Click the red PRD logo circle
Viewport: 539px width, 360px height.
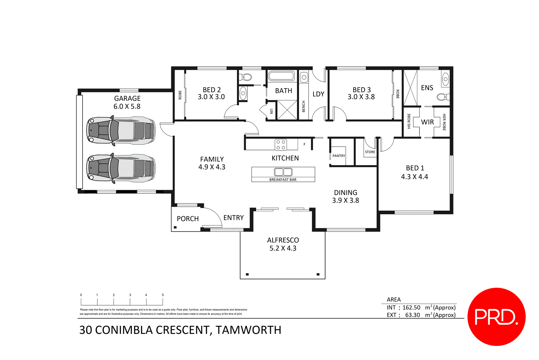496,316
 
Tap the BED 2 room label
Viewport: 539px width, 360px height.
212,90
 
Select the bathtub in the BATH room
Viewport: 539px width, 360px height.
281,76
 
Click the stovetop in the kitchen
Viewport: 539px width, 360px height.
281,145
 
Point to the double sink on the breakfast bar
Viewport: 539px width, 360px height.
283,172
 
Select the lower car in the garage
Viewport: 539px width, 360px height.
121,168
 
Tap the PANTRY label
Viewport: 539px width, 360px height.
339,156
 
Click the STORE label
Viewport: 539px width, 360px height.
370,152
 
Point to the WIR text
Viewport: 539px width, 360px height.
427,122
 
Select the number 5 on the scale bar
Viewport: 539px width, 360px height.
163,295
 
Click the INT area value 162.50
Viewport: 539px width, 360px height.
411,307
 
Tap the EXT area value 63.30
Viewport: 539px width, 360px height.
412,315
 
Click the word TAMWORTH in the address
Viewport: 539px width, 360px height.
248,330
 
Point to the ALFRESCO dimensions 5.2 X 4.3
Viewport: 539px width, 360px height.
283,248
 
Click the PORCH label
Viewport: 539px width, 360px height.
188,219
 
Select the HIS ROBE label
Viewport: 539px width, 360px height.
409,121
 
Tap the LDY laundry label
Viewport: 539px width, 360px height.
318,94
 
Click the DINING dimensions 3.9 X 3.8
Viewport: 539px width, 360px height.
346,200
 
